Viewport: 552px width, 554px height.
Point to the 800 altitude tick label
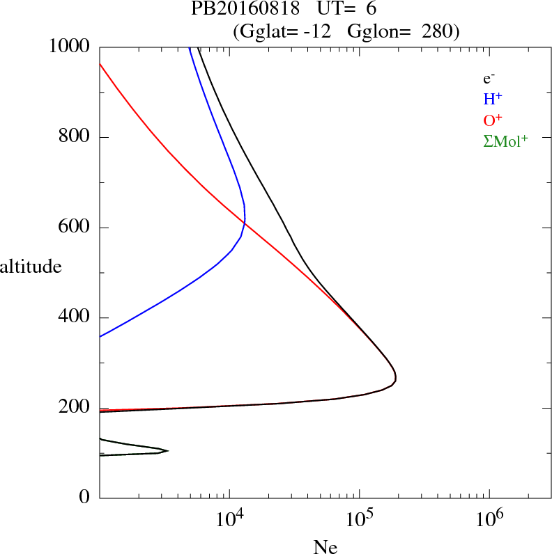[x=75, y=137]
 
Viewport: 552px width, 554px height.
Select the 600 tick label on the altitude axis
[x=75, y=228]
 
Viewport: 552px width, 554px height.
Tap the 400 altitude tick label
[x=75, y=318]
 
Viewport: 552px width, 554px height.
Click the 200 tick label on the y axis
[x=75, y=409]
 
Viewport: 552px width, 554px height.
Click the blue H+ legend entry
[x=492, y=99]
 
